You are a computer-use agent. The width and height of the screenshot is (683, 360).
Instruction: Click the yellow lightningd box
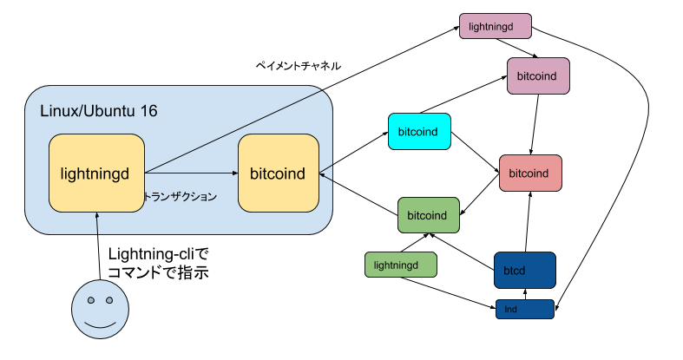pos(95,173)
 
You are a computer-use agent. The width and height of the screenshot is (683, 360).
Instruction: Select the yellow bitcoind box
pos(278,173)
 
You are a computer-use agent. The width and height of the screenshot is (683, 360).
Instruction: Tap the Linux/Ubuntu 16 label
pos(99,112)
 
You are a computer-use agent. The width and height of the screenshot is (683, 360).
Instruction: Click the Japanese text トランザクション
pos(180,197)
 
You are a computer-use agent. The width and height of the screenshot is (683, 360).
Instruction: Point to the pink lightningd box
pos(495,26)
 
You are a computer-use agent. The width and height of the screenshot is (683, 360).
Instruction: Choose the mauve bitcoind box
pos(538,75)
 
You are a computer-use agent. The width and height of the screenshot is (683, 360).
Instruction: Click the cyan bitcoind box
pos(419,132)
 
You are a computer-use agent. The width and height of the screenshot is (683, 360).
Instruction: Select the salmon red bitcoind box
pos(530,173)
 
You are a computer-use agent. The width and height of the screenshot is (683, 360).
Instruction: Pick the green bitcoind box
pos(428,215)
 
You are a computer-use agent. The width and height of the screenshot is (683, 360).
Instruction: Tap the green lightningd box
pos(400,265)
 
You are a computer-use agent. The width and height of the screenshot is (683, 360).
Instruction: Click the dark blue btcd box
pos(524,270)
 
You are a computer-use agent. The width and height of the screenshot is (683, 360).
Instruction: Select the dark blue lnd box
pos(524,309)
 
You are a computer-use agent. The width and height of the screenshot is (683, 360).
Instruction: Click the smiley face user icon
pos(100,310)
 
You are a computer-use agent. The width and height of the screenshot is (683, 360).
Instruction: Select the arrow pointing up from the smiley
pos(97,224)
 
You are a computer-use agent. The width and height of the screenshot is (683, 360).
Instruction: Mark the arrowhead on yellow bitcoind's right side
pos(322,174)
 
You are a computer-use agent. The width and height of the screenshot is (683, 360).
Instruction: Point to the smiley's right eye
pos(110,300)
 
